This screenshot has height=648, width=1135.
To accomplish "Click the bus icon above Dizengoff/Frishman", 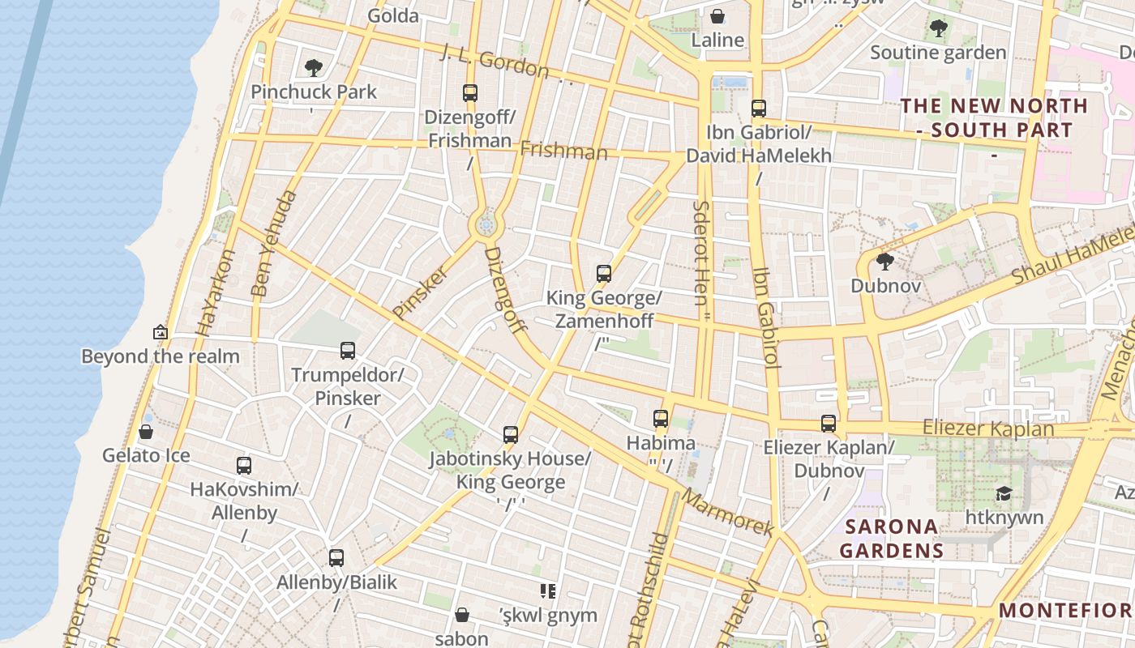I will (x=470, y=92).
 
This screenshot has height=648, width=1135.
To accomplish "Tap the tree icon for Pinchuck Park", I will (x=313, y=68).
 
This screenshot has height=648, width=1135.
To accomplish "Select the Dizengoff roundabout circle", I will (x=486, y=224).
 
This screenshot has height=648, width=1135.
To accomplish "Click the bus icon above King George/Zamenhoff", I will (x=603, y=274).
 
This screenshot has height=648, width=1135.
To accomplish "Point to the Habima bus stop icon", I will (x=661, y=419).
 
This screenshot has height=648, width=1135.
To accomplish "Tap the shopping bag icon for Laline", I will (x=717, y=16).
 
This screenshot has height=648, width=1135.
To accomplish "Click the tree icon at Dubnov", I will (x=885, y=261).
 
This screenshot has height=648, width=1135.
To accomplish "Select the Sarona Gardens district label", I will (x=892, y=539).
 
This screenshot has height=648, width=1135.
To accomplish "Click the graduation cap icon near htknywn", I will (x=1004, y=493).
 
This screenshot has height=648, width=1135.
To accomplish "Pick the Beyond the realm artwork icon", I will (x=161, y=332).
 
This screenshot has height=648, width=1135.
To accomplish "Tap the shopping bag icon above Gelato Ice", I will (x=146, y=432).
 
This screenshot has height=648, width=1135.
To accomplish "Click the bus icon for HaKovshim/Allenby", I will (x=244, y=466).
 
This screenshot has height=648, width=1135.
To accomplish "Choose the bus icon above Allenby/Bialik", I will (x=336, y=557).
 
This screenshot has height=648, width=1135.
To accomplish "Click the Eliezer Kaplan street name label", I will (x=987, y=429).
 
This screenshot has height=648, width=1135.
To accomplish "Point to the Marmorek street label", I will (x=728, y=511).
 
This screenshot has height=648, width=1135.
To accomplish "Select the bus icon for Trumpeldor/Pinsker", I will (x=348, y=351).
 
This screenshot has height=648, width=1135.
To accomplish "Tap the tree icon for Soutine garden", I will (x=938, y=29).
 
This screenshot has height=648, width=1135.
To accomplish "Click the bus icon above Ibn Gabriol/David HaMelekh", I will (x=759, y=108).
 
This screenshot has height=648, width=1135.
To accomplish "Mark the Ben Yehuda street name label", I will (x=274, y=243).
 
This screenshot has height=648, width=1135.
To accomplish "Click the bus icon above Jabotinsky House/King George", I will (x=510, y=435).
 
